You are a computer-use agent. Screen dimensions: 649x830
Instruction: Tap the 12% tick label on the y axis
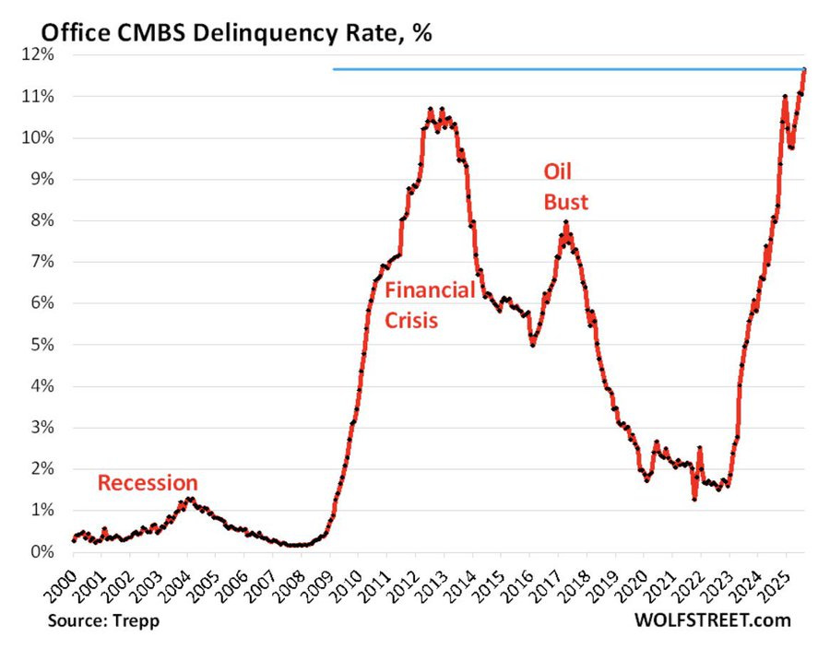pyautogui.click(x=38, y=55)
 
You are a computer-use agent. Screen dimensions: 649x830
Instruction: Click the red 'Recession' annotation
pyautogui.click(x=148, y=482)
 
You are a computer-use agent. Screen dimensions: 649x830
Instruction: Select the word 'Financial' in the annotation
pyautogui.click(x=430, y=290)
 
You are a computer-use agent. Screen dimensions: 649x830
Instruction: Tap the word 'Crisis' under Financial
pyautogui.click(x=411, y=321)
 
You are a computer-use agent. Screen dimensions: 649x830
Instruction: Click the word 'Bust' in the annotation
pyautogui.click(x=564, y=201)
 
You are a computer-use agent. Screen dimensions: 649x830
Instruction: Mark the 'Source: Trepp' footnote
pyautogui.click(x=103, y=620)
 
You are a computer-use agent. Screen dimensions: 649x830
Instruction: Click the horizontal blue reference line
pyautogui.click(x=553, y=69)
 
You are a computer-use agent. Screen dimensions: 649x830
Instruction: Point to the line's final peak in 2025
pyautogui.click(x=804, y=70)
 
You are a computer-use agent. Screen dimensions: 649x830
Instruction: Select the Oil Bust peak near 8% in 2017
pyautogui.click(x=566, y=223)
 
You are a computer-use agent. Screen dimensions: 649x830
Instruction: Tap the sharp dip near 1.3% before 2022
pyautogui.click(x=694, y=499)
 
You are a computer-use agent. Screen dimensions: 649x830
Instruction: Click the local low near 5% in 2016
pyautogui.click(x=533, y=344)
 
